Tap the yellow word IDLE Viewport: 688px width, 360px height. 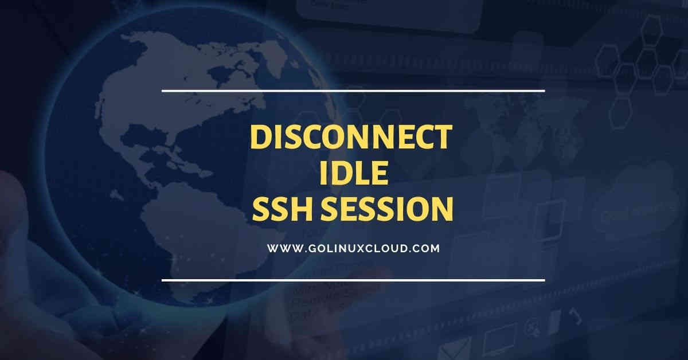[x=353, y=174]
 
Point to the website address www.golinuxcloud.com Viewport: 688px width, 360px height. [x=353, y=249]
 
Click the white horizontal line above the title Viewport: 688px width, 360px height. [x=353, y=91]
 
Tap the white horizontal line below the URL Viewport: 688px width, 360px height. [x=353, y=280]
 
